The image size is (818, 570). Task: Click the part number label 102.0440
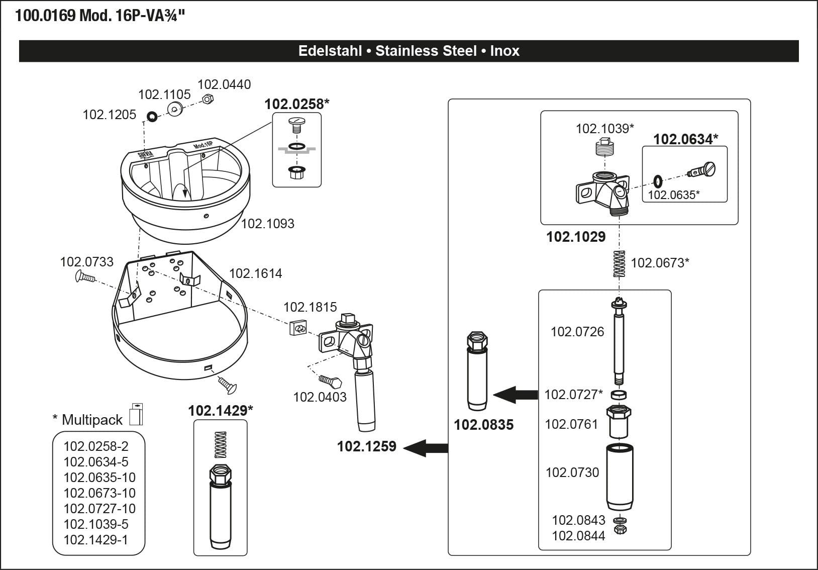tap(224, 84)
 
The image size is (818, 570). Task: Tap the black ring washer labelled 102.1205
tap(150, 117)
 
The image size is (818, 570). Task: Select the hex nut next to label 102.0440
tap(207, 99)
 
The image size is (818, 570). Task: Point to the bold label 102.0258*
tap(296, 104)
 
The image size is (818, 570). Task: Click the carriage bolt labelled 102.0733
tap(85, 276)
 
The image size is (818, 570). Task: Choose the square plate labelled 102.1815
tap(298, 328)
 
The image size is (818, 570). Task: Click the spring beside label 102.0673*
tap(620, 264)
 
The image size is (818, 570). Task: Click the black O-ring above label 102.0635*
tap(658, 179)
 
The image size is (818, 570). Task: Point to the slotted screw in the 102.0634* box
tap(702, 170)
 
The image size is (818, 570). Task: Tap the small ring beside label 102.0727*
tap(619, 394)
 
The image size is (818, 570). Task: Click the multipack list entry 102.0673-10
tap(99, 493)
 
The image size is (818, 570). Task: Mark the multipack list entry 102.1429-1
tap(95, 540)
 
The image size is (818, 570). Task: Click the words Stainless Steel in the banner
tap(426, 51)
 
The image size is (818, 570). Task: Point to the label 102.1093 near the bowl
tap(268, 224)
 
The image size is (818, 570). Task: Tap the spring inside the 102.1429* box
tap(221, 444)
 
